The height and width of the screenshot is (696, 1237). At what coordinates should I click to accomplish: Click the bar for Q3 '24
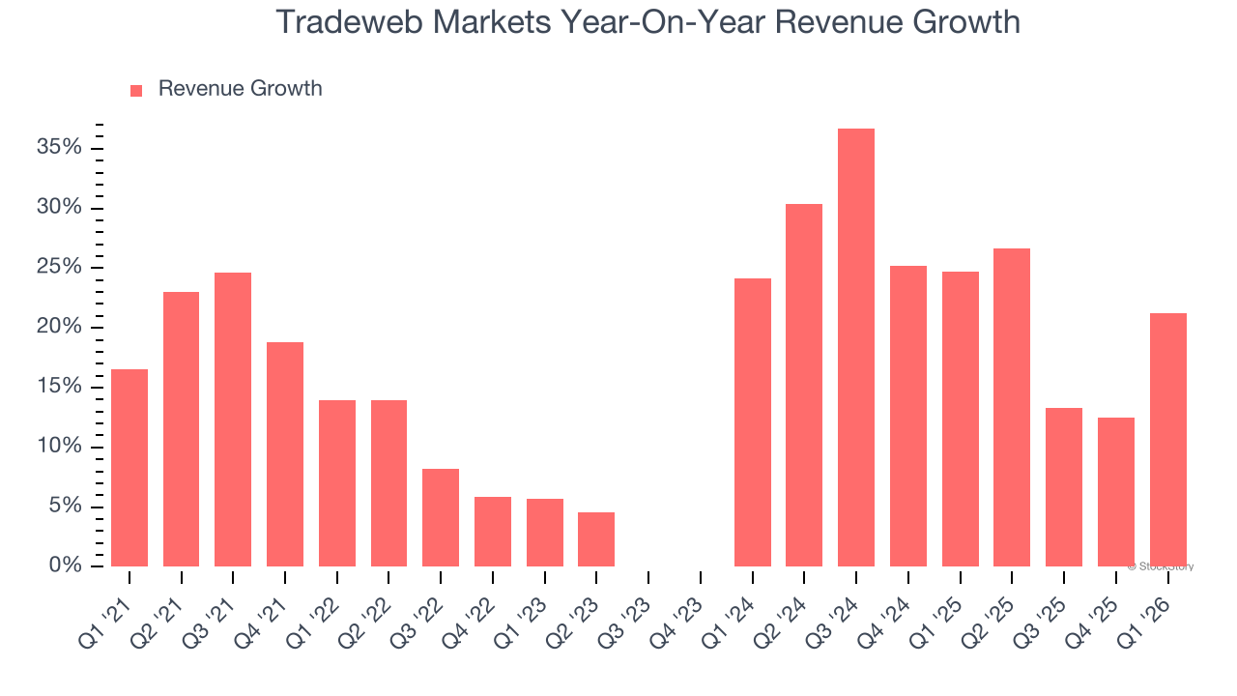(x=856, y=348)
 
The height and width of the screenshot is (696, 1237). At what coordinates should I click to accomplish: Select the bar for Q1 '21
(x=129, y=468)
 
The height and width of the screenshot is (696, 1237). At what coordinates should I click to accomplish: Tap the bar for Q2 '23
(x=596, y=539)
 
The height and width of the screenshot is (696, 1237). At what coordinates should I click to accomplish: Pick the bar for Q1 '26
(x=1167, y=440)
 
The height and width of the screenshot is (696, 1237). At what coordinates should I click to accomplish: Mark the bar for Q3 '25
(x=1064, y=487)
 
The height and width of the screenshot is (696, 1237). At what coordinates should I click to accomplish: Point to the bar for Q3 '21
(x=233, y=420)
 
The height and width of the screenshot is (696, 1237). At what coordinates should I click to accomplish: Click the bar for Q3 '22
(x=441, y=517)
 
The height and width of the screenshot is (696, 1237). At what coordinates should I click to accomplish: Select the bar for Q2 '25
(x=1012, y=407)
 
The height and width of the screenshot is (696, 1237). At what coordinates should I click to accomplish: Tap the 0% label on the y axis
(x=66, y=565)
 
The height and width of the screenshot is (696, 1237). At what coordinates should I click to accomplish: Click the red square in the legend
(x=136, y=90)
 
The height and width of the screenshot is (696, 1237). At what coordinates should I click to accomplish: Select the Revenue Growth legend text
(x=240, y=89)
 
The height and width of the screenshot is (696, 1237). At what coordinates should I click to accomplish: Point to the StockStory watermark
(x=1160, y=566)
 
